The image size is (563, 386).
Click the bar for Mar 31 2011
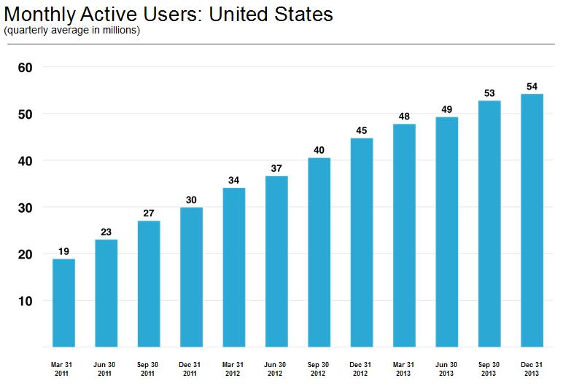click(x=63, y=303)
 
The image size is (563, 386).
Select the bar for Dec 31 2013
click(x=532, y=220)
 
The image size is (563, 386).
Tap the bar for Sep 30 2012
click(x=319, y=252)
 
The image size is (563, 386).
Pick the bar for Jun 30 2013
click(x=446, y=232)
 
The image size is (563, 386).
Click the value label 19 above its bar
click(x=63, y=251)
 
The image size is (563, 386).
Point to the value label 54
click(x=532, y=87)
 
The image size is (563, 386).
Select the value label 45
click(x=362, y=130)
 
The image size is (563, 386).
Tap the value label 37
click(x=276, y=168)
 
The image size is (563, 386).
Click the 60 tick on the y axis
click(x=25, y=68)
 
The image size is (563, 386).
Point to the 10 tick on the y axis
click(x=25, y=301)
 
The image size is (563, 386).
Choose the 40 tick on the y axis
click(x=25, y=161)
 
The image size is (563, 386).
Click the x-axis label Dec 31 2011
click(x=190, y=369)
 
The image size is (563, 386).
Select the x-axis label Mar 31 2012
click(x=233, y=369)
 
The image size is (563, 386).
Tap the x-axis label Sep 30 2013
click(x=489, y=369)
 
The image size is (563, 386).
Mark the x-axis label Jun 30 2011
click(x=104, y=369)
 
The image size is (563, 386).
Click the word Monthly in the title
click(x=40, y=15)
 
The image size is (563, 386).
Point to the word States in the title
click(x=303, y=15)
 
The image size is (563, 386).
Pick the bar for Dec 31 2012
click(x=362, y=243)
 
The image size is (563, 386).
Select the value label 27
click(x=149, y=213)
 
